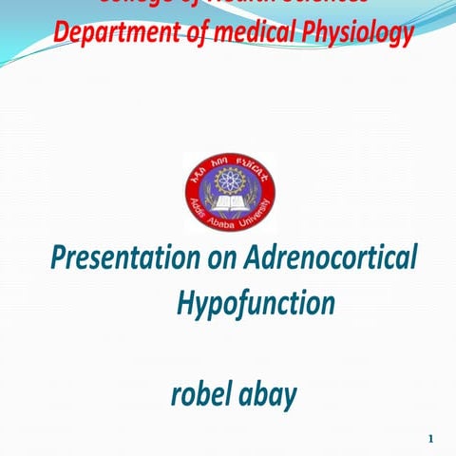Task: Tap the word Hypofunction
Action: pos(256,304)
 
